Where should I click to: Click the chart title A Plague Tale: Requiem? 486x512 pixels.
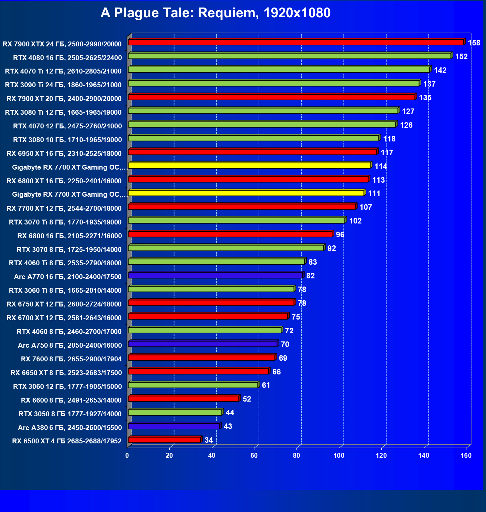tap(215, 13)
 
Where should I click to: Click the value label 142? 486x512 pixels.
tap(440, 70)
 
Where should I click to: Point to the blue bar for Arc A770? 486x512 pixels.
tap(215, 275)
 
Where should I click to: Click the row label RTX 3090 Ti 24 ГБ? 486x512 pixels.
tap(63, 85)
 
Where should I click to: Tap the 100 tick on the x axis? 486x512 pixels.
tap(339, 455)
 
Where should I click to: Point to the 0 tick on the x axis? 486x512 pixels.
tap(127, 455)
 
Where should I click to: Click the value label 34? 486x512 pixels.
tap(209, 440)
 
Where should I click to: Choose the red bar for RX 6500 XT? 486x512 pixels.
tap(164, 440)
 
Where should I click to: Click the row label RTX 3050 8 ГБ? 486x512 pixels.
tap(70, 414)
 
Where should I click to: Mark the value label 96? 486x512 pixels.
tap(340, 235)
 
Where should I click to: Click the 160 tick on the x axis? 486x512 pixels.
tap(466, 455)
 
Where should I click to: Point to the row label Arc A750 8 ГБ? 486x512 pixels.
tap(70, 345)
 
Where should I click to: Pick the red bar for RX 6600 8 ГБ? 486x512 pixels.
tap(183, 399)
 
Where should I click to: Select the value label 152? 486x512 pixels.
tap(461, 57)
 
